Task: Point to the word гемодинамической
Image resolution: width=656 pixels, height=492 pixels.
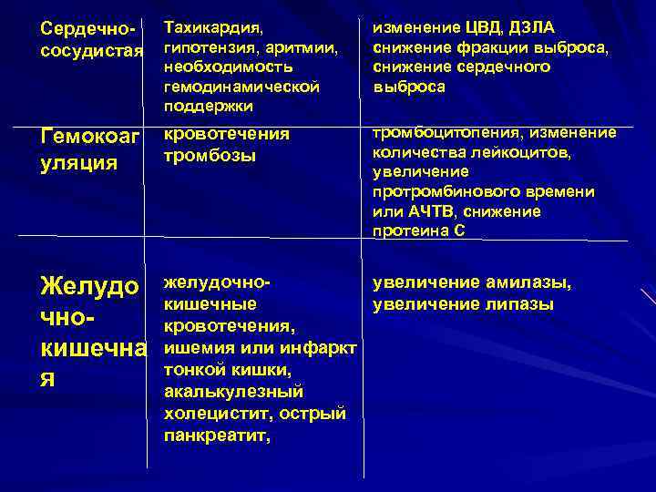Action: [x=241, y=87]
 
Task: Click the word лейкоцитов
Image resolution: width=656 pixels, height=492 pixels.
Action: [x=523, y=152]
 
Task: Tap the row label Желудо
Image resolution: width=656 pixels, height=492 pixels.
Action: [x=90, y=286]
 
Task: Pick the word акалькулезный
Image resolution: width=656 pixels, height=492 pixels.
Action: [x=232, y=391]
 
